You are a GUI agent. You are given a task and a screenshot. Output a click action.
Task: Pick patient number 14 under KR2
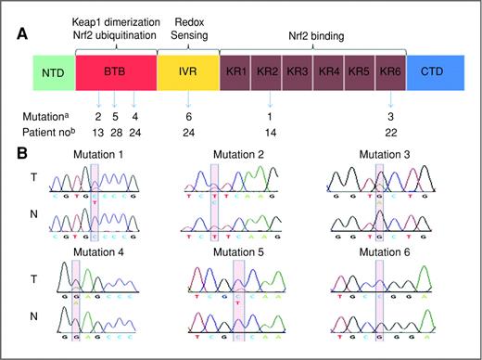click(x=270, y=133)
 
